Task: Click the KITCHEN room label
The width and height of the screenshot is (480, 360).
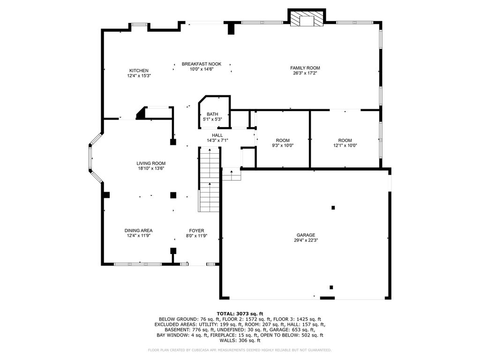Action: pos(139,71)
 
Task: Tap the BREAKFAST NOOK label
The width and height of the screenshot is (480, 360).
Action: pos(202,64)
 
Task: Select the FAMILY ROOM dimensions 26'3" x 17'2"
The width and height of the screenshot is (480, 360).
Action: pos(305,73)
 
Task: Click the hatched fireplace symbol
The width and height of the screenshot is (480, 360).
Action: pos(307,18)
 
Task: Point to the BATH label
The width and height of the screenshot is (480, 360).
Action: pos(212,114)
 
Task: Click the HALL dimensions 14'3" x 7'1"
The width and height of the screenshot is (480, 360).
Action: pos(217,141)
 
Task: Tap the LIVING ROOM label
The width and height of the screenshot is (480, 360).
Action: pos(151,164)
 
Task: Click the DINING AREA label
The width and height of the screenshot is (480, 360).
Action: pos(138,231)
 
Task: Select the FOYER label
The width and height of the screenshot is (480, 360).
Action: pos(196,231)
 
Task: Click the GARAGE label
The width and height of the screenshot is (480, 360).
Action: pos(306,235)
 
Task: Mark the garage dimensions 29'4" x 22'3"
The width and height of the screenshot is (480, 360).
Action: pos(306,240)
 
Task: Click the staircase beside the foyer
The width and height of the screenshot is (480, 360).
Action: pos(210,180)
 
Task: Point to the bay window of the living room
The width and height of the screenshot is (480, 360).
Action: pos(95,158)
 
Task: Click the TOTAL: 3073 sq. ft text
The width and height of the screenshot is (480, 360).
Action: pos(240,314)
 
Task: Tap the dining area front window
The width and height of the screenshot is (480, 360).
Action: pos(137,264)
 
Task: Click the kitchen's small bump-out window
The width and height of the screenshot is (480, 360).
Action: pos(139,24)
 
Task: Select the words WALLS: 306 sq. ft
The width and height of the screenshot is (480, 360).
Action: pos(240,340)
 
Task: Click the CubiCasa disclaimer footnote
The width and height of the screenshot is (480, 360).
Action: pos(240,350)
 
